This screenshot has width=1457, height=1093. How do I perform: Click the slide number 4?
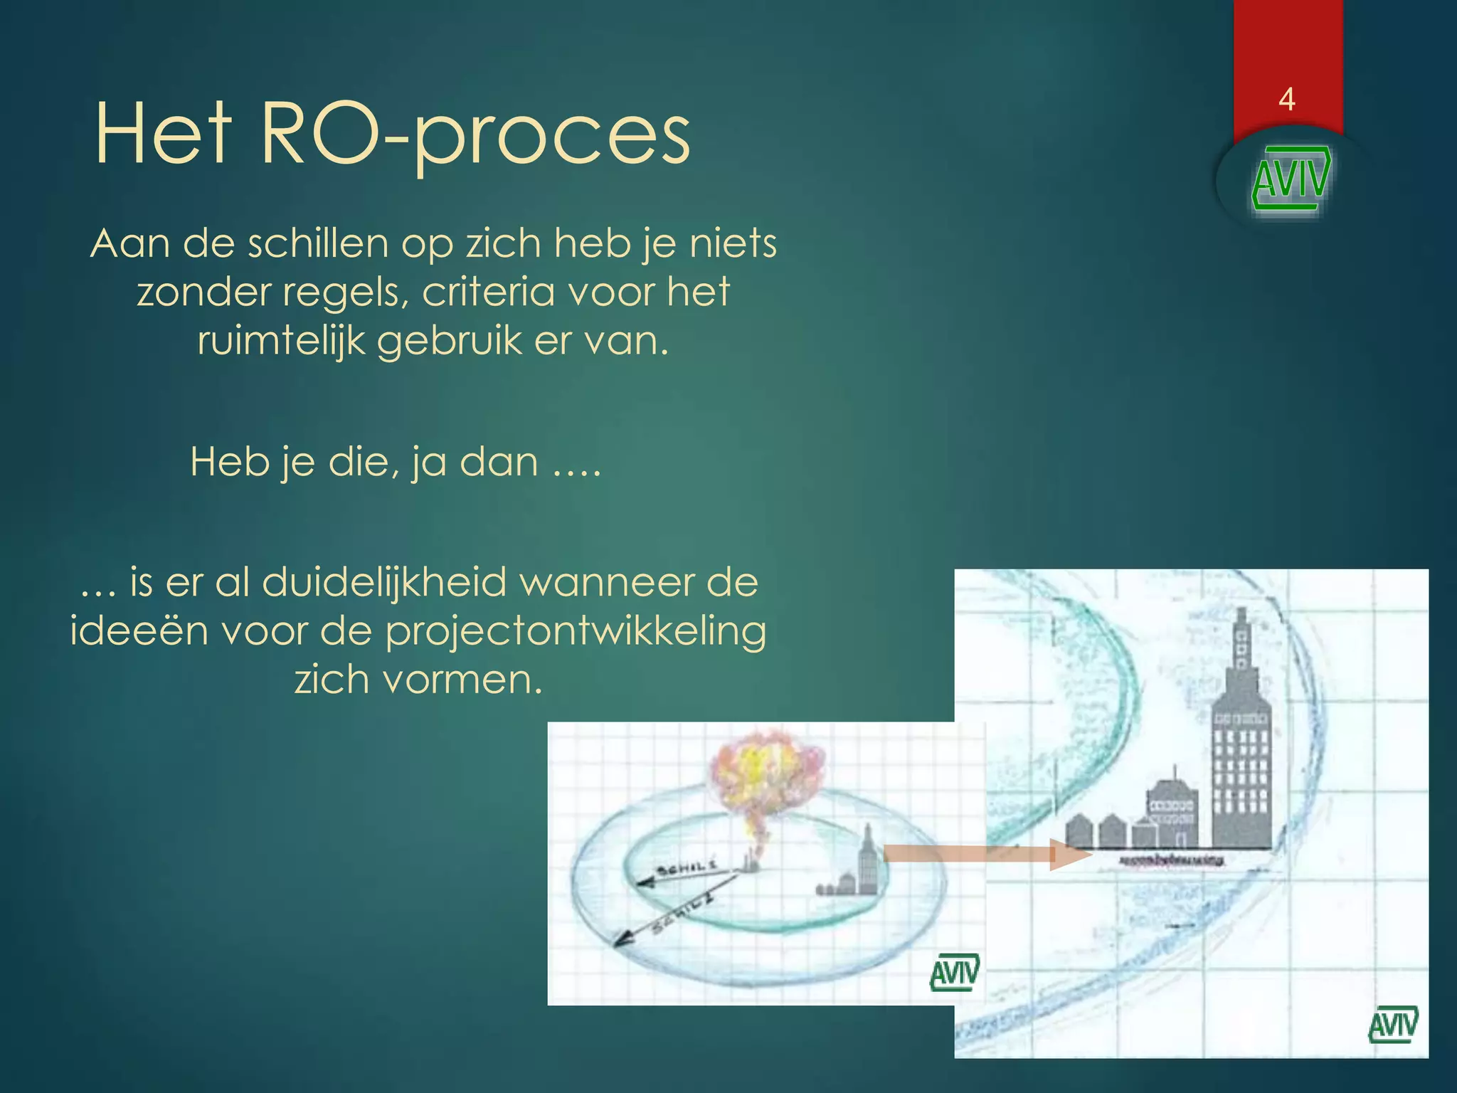(x=1286, y=99)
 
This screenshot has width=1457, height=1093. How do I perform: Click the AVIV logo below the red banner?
(x=1291, y=179)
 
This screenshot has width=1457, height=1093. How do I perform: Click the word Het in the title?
(x=163, y=132)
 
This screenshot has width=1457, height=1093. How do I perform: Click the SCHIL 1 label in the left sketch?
(x=687, y=867)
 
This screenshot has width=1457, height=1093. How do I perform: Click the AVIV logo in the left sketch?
(x=954, y=971)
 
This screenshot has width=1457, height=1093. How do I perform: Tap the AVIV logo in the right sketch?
(x=1393, y=1024)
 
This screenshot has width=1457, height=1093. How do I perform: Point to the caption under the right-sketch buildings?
(x=1171, y=860)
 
